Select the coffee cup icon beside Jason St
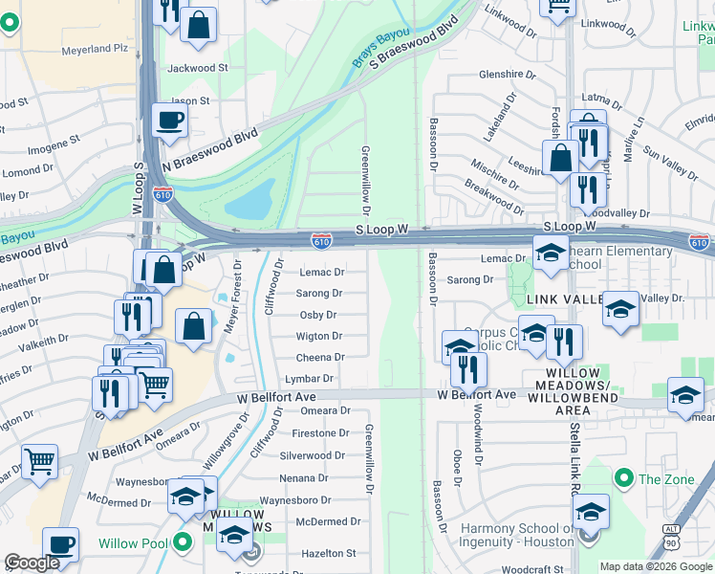click(x=169, y=121)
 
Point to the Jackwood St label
click(x=198, y=68)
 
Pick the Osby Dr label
click(x=318, y=315)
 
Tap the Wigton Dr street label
click(x=318, y=337)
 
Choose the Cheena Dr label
click(x=320, y=358)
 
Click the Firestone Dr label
click(x=320, y=433)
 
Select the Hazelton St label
click(x=329, y=553)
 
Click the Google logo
click(x=32, y=563)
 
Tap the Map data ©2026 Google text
click(x=656, y=566)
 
